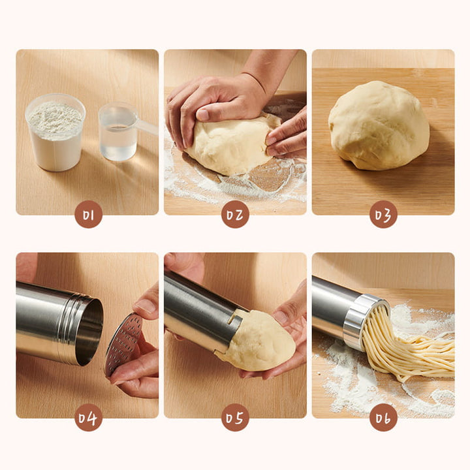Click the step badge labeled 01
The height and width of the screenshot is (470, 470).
[88, 214]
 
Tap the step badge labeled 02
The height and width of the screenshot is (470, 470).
[235, 214]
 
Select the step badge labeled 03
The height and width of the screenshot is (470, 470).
[383, 214]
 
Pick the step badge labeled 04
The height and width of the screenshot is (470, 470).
[88, 418]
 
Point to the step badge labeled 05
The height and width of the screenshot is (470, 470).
[235, 418]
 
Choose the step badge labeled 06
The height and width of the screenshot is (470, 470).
[383, 418]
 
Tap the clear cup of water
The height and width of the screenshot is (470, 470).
[117, 132]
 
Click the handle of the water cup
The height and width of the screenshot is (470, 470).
[146, 126]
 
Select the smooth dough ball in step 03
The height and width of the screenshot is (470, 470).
[379, 125]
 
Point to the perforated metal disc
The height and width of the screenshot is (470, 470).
[123, 344]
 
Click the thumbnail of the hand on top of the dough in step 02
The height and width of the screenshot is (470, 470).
[202, 115]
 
